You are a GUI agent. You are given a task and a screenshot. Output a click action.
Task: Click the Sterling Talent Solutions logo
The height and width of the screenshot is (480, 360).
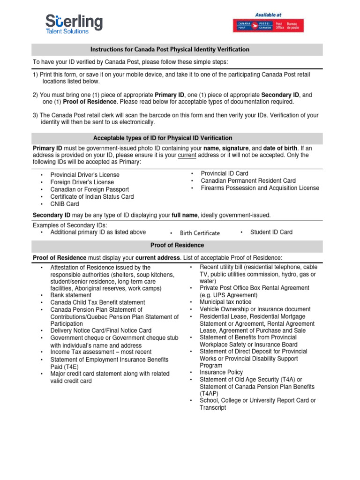coord(74,24)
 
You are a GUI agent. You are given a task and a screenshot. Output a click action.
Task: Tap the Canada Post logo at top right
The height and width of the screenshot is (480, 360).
coord(269,25)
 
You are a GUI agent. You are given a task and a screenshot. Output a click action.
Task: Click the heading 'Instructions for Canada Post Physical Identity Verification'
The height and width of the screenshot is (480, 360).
coord(170,49)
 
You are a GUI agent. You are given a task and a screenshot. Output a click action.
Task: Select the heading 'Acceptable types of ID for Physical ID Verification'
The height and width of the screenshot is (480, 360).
coord(163,138)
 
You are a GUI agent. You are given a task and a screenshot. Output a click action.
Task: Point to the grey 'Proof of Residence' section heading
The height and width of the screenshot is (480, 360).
coord(177,245)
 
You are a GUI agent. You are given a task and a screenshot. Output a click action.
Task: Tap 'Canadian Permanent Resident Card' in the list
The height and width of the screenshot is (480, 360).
coord(248,180)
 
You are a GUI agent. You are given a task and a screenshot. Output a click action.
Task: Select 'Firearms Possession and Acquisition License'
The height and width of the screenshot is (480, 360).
coord(260,188)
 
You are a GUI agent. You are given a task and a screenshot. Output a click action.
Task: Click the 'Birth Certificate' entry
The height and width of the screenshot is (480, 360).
coord(200,233)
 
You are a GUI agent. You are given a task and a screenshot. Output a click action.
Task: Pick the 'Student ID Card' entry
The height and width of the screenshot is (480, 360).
coord(271,232)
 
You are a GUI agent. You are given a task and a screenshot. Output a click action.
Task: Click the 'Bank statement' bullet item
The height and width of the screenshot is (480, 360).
coord(71,295)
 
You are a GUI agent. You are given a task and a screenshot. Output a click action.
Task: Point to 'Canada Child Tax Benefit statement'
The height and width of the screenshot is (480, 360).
coord(97,302)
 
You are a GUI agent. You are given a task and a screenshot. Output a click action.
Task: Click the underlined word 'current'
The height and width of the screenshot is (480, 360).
coord(187,155)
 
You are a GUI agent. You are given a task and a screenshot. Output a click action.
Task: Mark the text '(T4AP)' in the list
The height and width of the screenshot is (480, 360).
coord(209,393)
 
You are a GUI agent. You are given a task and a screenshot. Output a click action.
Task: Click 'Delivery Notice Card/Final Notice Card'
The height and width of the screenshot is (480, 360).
coord(101,330)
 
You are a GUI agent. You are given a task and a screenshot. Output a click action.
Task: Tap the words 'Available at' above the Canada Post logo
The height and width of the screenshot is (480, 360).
coord(268,15)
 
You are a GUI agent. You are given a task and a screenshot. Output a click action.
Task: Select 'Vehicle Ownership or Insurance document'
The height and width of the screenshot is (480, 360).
coord(255,309)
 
